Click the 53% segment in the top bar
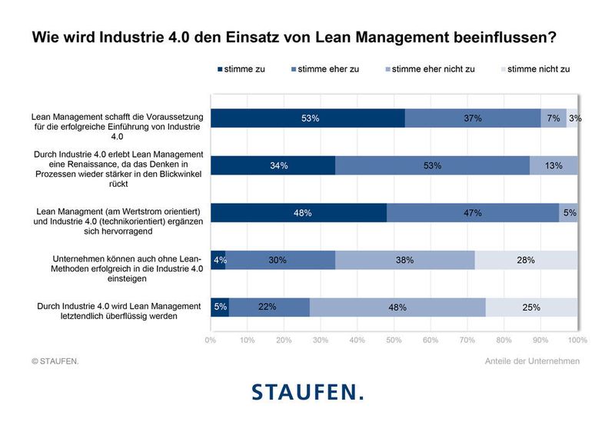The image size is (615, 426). pyautogui.click(x=307, y=118)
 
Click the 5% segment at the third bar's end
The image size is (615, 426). pyautogui.click(x=569, y=213)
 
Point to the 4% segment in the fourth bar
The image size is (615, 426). pyautogui.click(x=218, y=260)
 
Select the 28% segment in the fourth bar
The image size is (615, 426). pyautogui.click(x=526, y=260)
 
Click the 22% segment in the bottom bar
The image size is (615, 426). pyautogui.click(x=269, y=307)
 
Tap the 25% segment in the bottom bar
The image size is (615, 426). pyautogui.click(x=531, y=307)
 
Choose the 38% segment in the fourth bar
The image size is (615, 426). pyautogui.click(x=404, y=260)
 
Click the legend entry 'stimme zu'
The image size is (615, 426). pyautogui.click(x=242, y=69)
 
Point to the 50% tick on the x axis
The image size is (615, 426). pyautogui.click(x=394, y=339)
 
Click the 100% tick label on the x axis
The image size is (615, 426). pyautogui.click(x=577, y=339)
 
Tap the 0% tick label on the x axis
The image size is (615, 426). pyautogui.click(x=211, y=339)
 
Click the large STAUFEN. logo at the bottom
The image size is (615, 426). pyautogui.click(x=307, y=392)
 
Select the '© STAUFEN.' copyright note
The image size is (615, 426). pyautogui.click(x=55, y=361)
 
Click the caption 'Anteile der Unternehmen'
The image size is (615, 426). pyautogui.click(x=532, y=361)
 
